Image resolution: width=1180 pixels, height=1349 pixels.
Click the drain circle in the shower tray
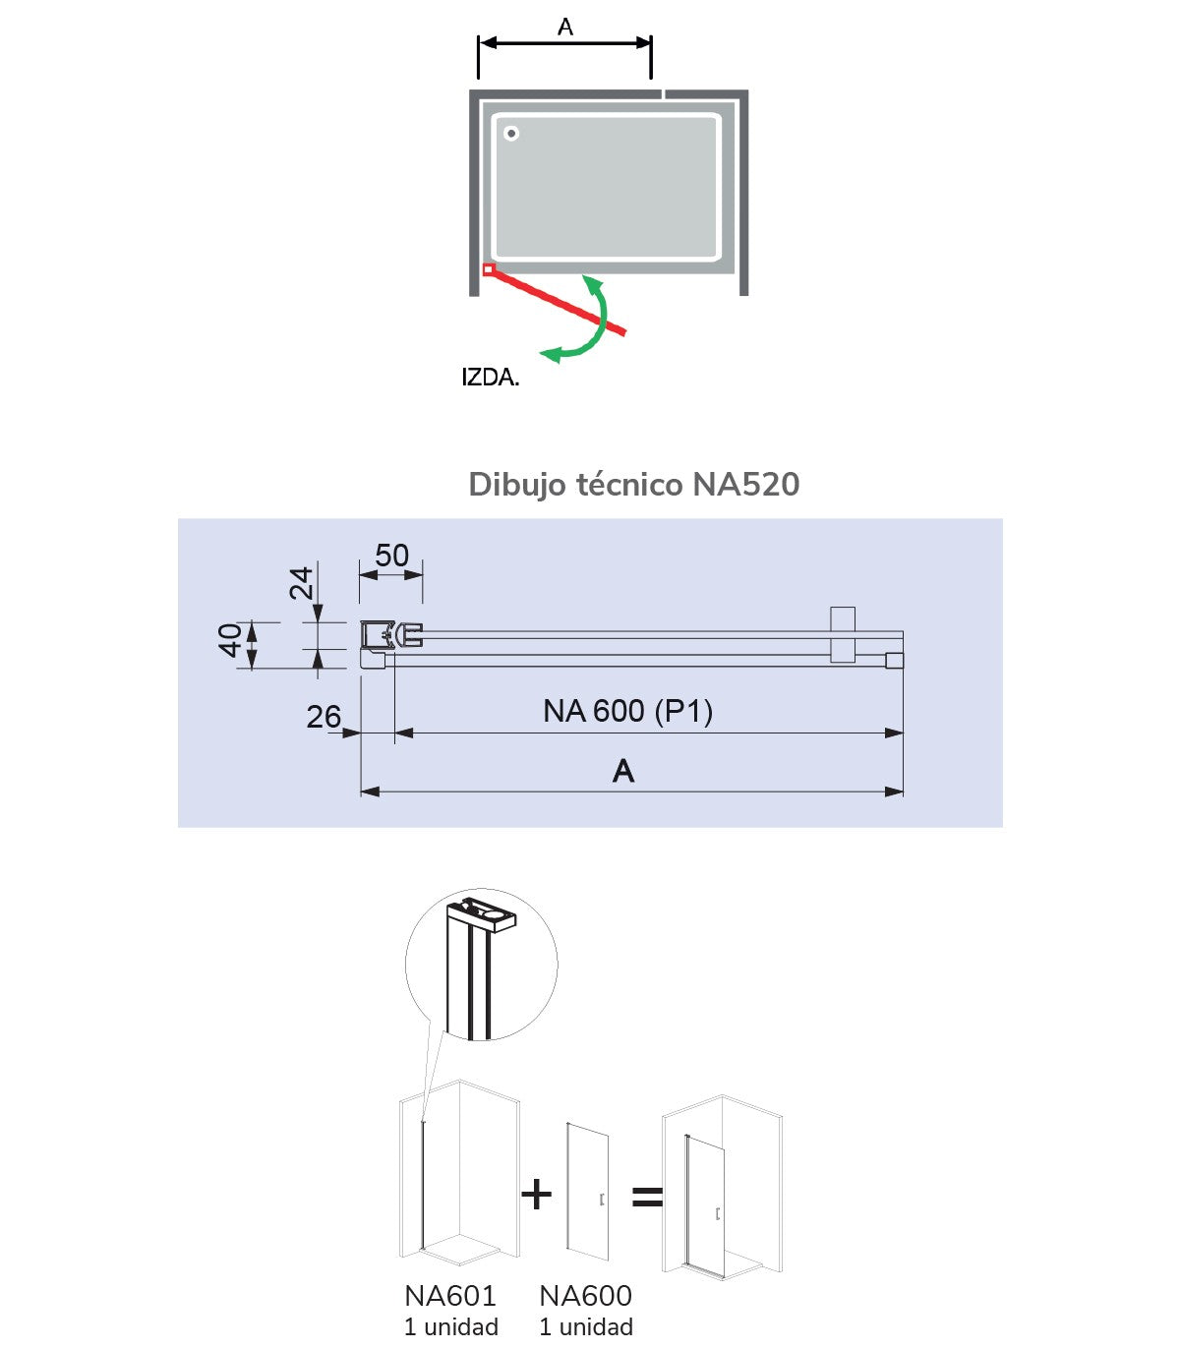pos(511,134)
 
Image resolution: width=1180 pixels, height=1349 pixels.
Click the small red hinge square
pos(488,269)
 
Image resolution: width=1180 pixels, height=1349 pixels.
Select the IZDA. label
pos(490,378)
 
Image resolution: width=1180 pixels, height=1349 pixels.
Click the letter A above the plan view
pos(565,28)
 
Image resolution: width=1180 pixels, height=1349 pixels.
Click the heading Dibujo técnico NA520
pos(633,485)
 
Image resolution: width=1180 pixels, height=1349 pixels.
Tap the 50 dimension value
pos(391,557)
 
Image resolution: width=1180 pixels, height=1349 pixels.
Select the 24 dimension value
pos(302,583)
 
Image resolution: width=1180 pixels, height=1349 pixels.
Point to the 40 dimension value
pos(231,640)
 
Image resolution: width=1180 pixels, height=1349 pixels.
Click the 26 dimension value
pos(324,718)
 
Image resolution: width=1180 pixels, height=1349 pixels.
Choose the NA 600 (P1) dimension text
pos(627,711)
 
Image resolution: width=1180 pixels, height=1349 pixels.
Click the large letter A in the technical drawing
pos(623,772)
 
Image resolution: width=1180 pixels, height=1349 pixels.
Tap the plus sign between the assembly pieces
pos(537,1195)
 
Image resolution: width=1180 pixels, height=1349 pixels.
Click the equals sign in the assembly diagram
pos(647,1197)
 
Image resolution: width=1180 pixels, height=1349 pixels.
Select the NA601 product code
pos(450,1296)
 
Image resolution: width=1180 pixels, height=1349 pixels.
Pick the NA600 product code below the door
pos(586,1296)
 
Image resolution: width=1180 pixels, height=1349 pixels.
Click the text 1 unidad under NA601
pos(451,1327)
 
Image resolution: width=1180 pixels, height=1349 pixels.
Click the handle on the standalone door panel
pos(600,1200)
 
